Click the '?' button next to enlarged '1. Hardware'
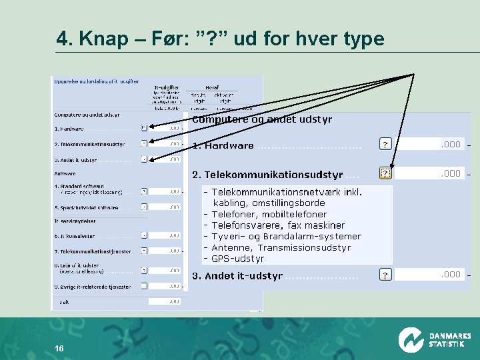coord(385,144)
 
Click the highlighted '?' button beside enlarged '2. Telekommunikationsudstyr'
coord(385,173)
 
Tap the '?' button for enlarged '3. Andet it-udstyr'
coord(385,275)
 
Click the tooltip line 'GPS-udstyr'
coord(237,259)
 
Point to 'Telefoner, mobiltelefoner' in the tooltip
coord(269,214)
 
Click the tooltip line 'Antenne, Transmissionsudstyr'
coord(280,247)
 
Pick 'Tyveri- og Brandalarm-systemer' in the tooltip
coord(286,236)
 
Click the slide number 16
coord(59,349)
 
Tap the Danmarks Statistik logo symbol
coord(411,339)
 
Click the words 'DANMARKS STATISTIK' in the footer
coord(449,340)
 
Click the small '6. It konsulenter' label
coord(74,236)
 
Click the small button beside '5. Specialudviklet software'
coord(144,207)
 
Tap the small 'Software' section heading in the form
coord(65,174)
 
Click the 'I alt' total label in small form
coord(64,301)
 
